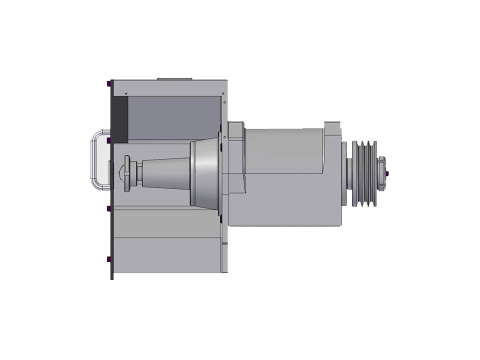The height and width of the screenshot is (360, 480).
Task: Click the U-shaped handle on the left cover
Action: tap(96, 159)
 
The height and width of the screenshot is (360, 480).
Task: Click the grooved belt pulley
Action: tap(364, 173)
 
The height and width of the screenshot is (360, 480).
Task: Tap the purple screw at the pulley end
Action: tap(388, 173)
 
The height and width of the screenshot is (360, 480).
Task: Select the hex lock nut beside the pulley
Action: tap(382, 173)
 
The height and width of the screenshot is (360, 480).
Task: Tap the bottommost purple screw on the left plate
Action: tap(109, 259)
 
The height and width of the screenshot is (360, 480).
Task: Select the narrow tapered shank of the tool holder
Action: tap(165, 173)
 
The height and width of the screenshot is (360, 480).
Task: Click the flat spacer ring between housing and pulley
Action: tap(345, 173)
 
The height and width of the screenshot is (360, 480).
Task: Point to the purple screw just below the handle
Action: tap(109, 208)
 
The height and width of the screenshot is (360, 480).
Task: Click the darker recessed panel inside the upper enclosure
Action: tap(172, 117)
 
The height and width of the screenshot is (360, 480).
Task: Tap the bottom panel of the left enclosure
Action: tap(167, 255)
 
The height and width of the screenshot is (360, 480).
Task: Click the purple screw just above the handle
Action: tap(109, 139)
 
